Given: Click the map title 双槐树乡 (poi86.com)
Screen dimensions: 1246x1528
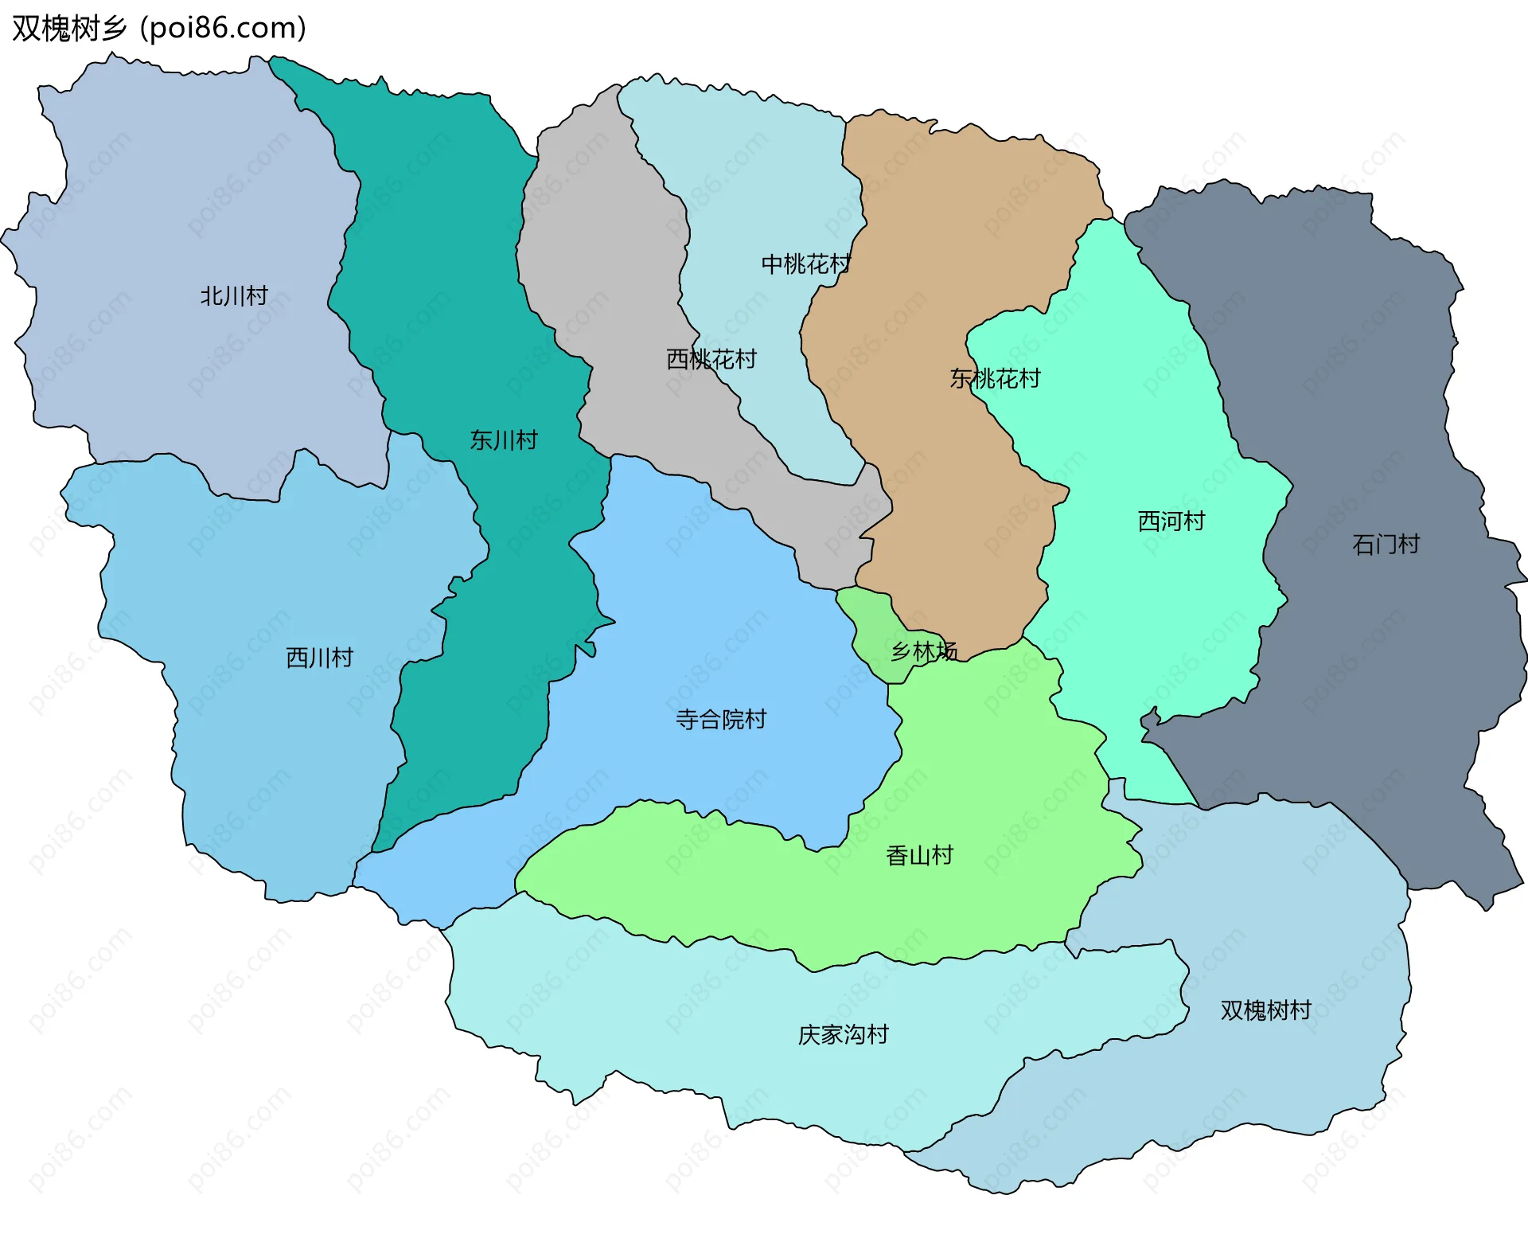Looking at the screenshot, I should coord(159,29).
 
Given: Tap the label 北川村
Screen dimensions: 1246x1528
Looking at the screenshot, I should coord(234,296).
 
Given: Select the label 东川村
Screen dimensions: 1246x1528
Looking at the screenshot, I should coord(504,439).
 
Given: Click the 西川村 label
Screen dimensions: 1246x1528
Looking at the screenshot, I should coord(319,658).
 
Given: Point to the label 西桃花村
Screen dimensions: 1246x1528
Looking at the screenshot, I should coord(711,359).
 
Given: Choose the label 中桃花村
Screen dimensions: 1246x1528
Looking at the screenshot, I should coord(806,264).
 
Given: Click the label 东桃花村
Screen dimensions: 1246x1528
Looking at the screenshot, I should coord(995,378).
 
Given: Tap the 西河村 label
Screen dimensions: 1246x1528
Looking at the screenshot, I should coord(1171,521).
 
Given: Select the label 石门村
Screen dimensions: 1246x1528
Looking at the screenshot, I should coord(1386,545).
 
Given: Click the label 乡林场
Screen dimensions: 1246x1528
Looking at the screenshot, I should coord(924,651).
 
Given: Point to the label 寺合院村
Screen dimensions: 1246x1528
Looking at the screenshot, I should coord(721,720).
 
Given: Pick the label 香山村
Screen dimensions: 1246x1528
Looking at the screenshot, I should coord(920,856).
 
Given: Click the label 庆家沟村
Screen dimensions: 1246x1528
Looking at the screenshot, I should coord(844,1035).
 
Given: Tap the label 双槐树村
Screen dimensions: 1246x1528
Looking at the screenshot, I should coord(1266,1010).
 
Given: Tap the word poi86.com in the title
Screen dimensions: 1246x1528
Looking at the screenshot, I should coord(223,29).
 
